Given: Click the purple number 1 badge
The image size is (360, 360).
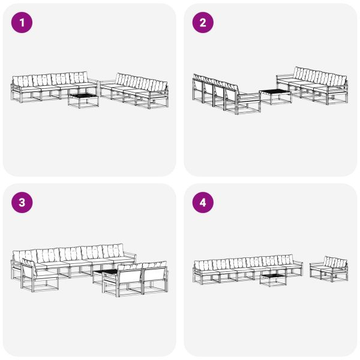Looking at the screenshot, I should tap(22, 23).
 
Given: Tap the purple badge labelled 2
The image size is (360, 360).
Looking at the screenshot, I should tap(203, 23).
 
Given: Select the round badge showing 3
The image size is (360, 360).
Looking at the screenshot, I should tap(22, 203).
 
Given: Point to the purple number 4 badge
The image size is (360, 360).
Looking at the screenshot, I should tap(203, 203).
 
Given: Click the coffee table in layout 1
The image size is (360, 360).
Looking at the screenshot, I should tap(83, 99).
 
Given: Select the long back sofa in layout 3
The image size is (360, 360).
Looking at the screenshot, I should tap(69, 261).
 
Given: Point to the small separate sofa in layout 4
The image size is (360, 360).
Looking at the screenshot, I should tap(329, 270).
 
